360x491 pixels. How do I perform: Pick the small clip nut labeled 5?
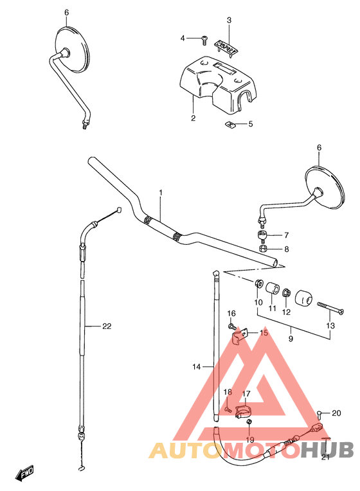pyautogui.click(x=229, y=124)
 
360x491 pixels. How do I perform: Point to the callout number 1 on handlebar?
pyautogui.click(x=161, y=193)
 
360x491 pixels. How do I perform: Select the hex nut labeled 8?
pyautogui.click(x=262, y=249)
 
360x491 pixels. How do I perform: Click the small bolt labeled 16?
pyautogui.click(x=232, y=326)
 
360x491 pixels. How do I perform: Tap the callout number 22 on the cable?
pyautogui.click(x=107, y=326)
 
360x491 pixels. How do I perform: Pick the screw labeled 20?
pyautogui.click(x=319, y=413)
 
